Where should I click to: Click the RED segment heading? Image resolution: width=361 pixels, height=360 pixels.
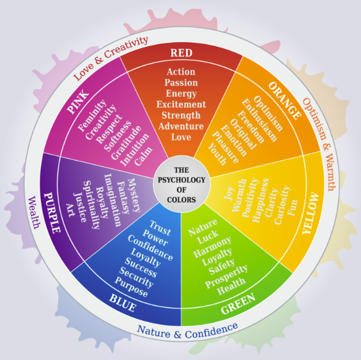pos(181,53)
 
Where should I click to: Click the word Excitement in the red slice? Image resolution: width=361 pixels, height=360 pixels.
pos(181,104)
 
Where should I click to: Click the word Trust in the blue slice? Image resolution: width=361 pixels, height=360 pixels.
pos(160,229)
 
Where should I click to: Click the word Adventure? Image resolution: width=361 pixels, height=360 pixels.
pos(181,126)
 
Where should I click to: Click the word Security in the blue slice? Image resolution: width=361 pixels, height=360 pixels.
pos(138,271)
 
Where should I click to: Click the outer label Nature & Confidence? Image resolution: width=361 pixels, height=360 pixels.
pos(187,329)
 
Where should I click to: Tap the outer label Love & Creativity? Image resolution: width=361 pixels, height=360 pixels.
pos(110,58)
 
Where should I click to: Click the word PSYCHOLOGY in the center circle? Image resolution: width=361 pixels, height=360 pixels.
pos(181,180)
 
